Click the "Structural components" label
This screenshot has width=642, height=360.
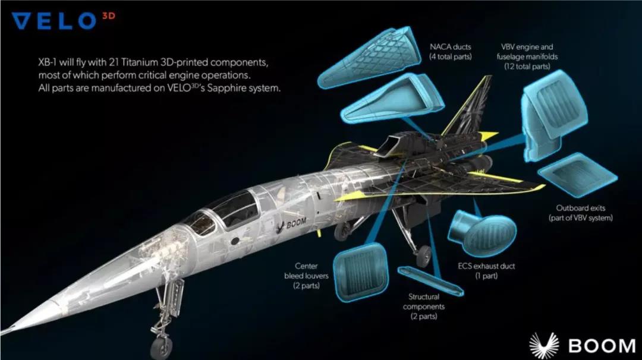424,306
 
